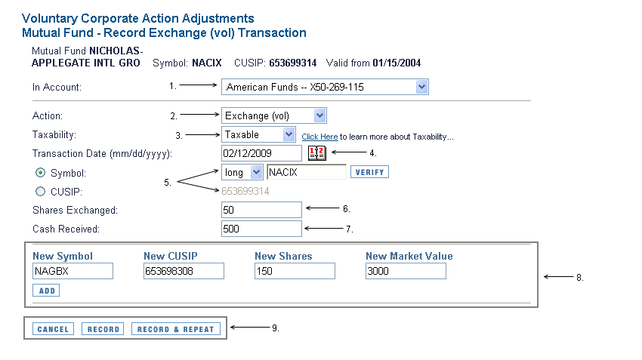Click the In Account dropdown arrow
tap(421, 87)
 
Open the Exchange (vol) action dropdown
tap(273, 115)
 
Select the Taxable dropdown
tap(258, 134)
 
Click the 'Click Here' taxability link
tap(319, 137)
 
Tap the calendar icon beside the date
tap(317, 153)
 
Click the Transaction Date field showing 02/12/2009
tap(261, 153)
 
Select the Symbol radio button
tap(40, 173)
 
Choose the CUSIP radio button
tap(40, 192)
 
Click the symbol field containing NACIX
tap(306, 172)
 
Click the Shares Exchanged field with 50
tap(261, 210)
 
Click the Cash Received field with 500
tap(261, 229)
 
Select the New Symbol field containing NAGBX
tap(73, 271)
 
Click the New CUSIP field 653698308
tap(184, 271)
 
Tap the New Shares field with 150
tap(295, 271)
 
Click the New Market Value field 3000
tap(406, 271)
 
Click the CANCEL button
tap(53, 329)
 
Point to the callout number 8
tap(580, 278)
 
